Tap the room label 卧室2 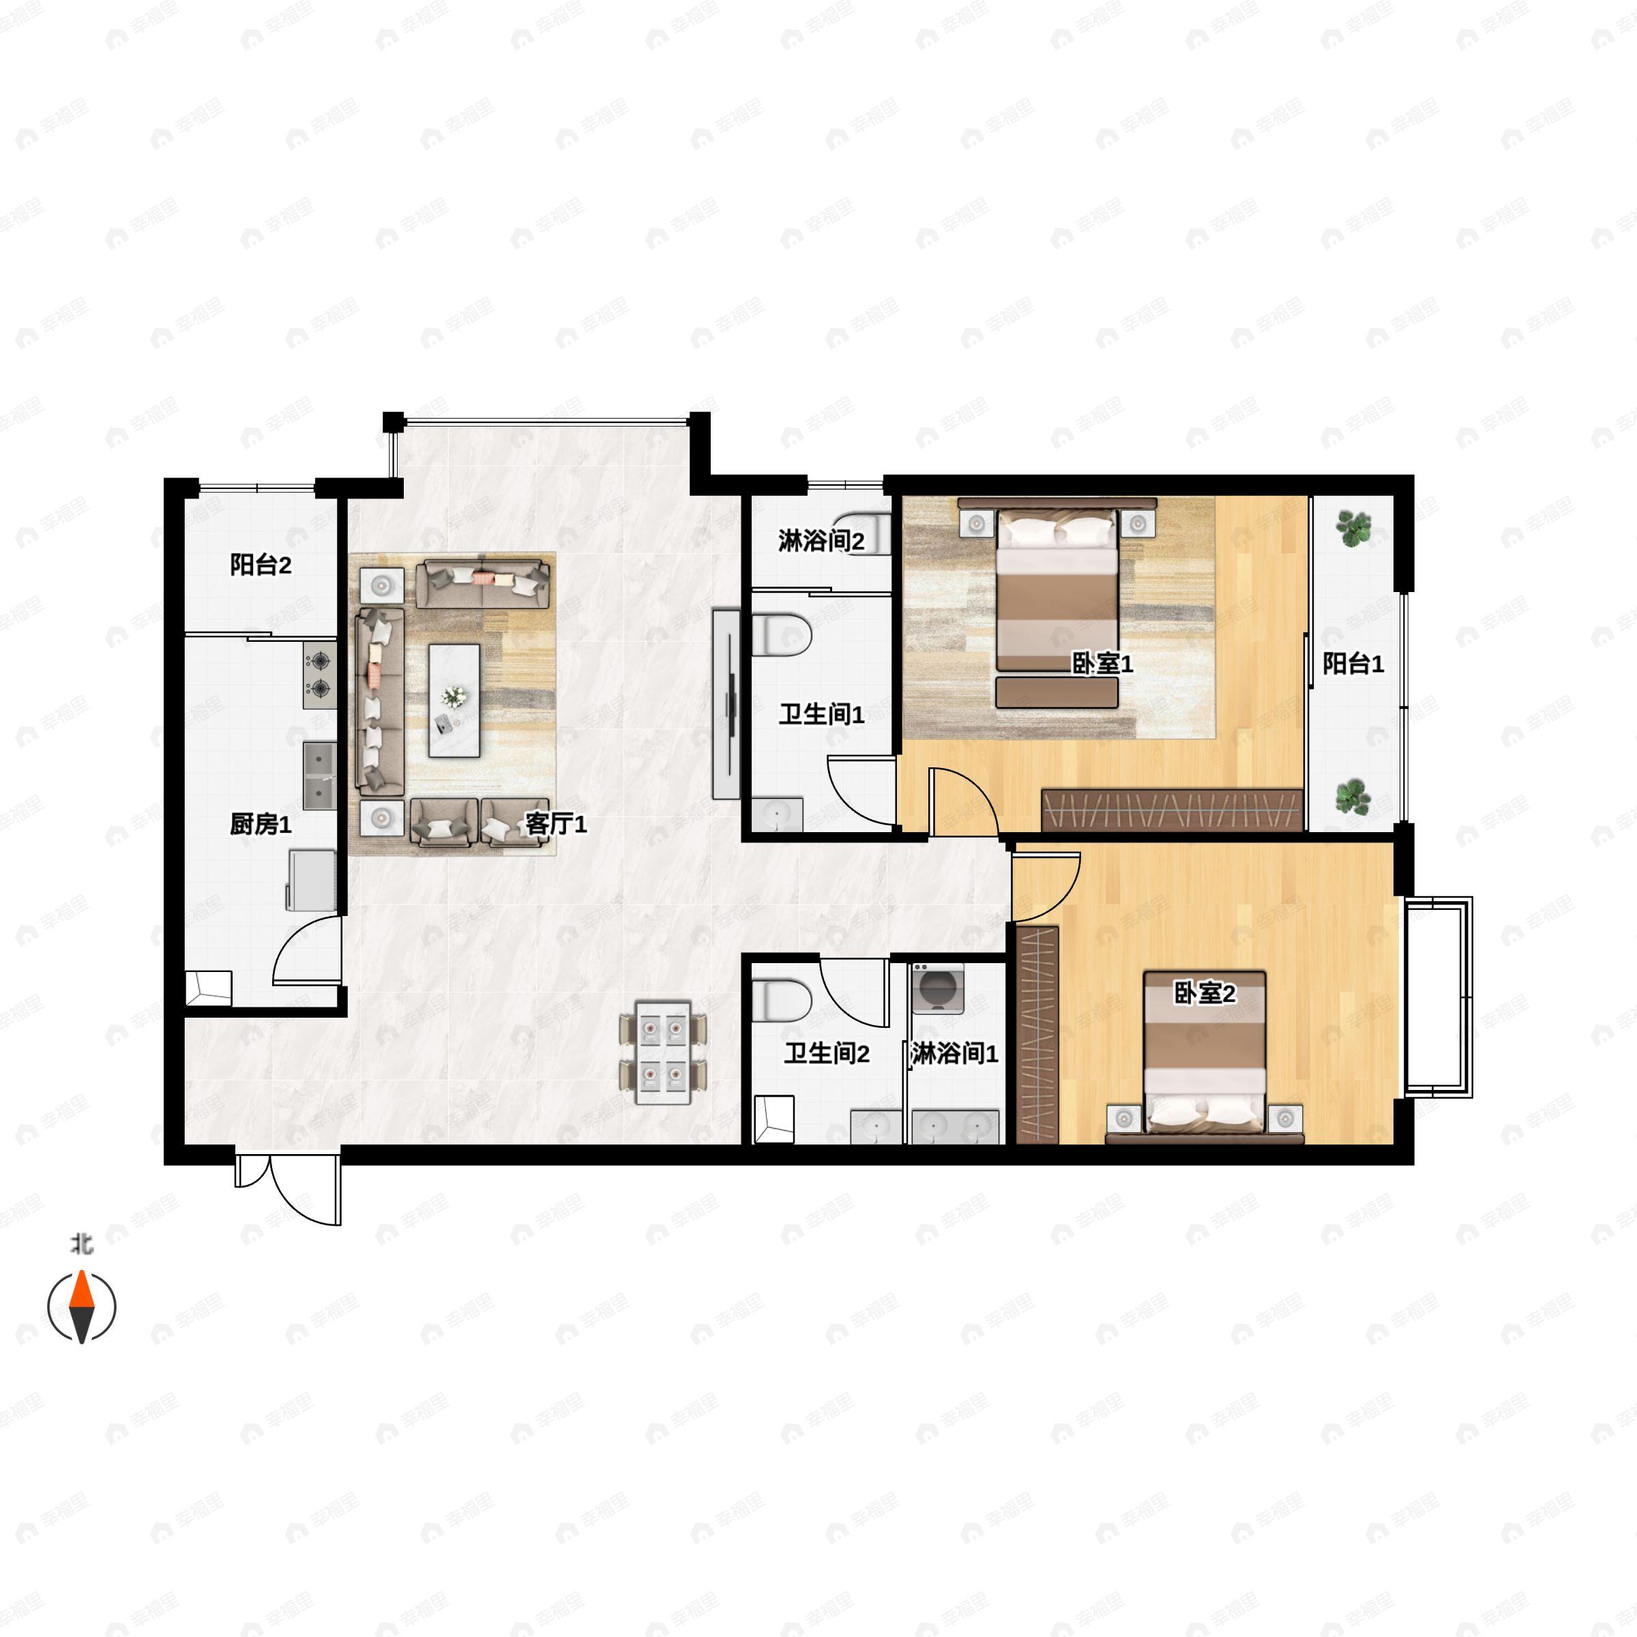(1204, 993)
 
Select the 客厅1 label (556, 823)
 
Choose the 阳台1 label (1353, 664)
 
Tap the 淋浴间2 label (821, 541)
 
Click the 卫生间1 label (821, 714)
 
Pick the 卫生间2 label (826, 1053)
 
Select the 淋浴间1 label (955, 1053)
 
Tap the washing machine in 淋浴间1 (937, 988)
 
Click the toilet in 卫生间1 (781, 634)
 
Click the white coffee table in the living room (454, 700)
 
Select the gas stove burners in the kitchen (319, 675)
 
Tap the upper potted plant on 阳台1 (1353, 528)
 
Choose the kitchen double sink (319, 776)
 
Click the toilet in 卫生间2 (781, 1000)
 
